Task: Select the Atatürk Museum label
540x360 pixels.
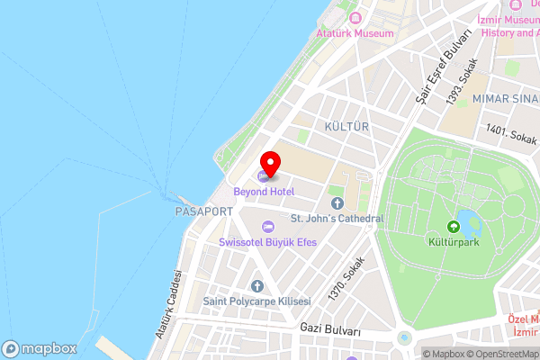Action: pyautogui.click(x=355, y=33)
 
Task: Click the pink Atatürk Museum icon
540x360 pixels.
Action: pyautogui.click(x=355, y=18)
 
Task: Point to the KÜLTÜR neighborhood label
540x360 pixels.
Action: pyautogui.click(x=347, y=127)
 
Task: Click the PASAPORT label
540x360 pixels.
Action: pyautogui.click(x=205, y=211)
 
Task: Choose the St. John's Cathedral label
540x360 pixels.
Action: pyautogui.click(x=337, y=219)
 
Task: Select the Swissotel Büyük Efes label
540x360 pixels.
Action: pyautogui.click(x=268, y=243)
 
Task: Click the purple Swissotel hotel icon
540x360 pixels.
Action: pyautogui.click(x=267, y=227)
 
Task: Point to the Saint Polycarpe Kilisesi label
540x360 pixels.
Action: pyautogui.click(x=256, y=301)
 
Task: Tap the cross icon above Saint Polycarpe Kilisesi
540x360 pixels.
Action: pyautogui.click(x=256, y=285)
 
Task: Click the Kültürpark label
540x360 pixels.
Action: pyautogui.click(x=454, y=243)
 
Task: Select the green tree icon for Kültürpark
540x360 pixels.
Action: pyautogui.click(x=454, y=227)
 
